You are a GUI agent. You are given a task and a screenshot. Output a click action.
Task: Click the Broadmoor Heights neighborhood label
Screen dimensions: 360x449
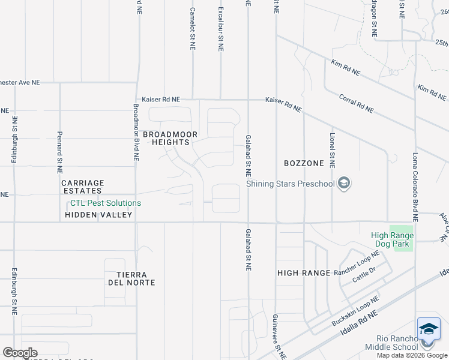pos(166,137)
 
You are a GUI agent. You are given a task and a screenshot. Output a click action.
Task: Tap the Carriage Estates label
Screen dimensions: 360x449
pos(83,187)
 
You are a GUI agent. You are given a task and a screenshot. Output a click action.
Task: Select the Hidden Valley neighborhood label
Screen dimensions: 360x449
pos(98,214)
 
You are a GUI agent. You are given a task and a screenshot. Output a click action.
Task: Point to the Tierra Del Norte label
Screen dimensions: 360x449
pos(131,278)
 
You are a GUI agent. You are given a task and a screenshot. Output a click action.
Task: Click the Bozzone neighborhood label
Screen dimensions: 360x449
pos(304,163)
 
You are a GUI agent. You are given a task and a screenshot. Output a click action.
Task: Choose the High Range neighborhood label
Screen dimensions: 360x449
pos(304,273)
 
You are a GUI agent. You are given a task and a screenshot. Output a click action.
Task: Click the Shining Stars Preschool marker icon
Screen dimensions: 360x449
pos(344,184)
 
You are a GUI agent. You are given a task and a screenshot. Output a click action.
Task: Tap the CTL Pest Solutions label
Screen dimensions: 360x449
pos(106,203)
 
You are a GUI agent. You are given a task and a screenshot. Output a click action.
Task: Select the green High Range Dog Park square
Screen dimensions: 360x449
pos(402,238)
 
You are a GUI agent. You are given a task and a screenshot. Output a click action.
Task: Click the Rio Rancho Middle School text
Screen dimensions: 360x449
pos(397,343)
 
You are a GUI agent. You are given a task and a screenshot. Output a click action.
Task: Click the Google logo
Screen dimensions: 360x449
pos(20,353)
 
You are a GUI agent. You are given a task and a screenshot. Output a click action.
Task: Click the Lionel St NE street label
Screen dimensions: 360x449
pos(332,151)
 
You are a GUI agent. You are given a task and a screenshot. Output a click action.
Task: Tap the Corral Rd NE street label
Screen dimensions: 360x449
pos(356,103)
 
